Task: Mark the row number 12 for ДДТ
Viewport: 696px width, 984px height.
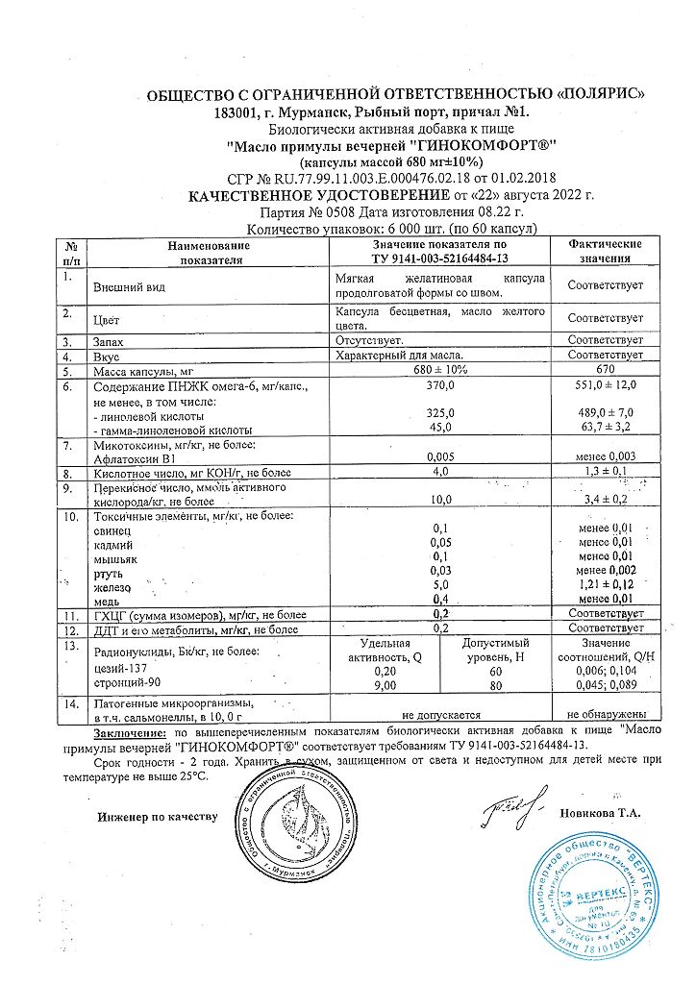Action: coord(69,628)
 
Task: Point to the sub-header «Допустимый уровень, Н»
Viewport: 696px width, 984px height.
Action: coord(497,651)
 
